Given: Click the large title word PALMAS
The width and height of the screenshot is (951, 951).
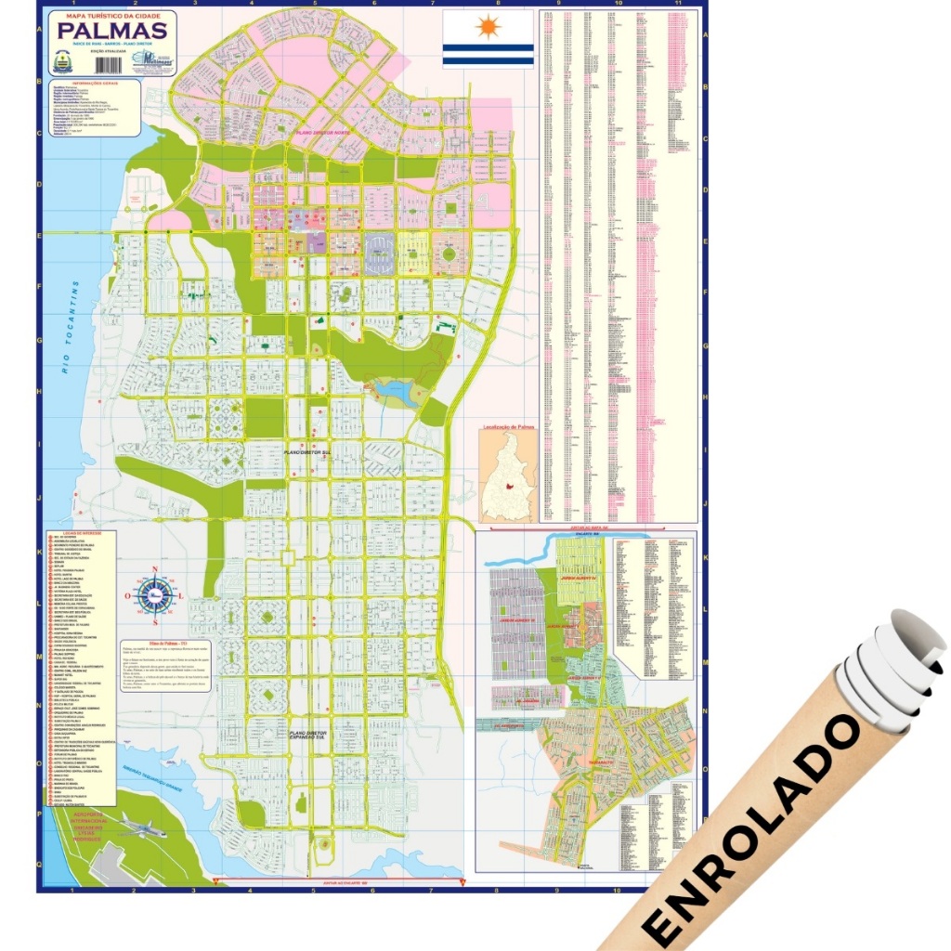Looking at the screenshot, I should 113,32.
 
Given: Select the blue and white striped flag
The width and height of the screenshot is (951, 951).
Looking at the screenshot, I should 488,39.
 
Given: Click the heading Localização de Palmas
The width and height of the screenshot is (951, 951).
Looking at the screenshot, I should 508,429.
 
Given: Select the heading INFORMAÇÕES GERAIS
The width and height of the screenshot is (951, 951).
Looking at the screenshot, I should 90,83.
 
